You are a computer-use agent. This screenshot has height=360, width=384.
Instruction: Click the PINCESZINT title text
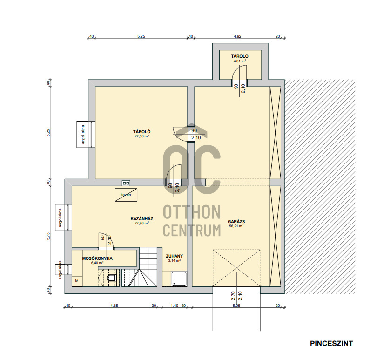[x=331, y=343]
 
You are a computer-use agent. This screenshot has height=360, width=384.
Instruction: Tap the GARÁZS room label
[x=236, y=222]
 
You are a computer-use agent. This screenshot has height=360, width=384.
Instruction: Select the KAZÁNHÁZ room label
[x=142, y=218]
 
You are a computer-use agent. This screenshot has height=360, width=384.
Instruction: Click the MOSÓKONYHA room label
[x=97, y=258]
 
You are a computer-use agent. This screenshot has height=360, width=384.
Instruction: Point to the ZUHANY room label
[x=175, y=256]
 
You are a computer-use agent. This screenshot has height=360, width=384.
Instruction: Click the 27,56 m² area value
[x=142, y=136]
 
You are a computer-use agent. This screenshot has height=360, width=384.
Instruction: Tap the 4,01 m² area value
[x=240, y=61]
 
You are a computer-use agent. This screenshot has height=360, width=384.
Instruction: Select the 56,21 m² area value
[x=236, y=226]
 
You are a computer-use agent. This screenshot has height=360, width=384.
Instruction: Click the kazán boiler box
[x=126, y=195]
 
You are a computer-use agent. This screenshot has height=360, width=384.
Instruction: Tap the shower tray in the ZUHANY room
[x=179, y=278]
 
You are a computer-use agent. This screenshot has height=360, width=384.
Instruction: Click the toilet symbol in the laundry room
[x=111, y=278]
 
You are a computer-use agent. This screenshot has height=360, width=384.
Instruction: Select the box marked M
[x=77, y=281]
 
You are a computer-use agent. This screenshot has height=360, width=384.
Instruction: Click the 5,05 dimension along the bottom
[x=236, y=306]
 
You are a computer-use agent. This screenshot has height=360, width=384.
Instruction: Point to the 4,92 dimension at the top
[x=237, y=36]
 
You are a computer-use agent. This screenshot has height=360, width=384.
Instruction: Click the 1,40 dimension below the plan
[x=175, y=306]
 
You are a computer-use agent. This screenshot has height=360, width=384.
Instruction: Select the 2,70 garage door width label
[x=233, y=296]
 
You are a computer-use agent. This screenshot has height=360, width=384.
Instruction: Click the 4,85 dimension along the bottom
[x=114, y=306]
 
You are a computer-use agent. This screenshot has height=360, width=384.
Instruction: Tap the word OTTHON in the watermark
[x=192, y=212]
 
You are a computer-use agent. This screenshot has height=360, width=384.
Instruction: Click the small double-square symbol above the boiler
[x=126, y=183]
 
